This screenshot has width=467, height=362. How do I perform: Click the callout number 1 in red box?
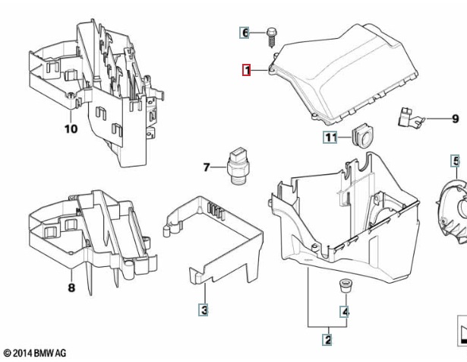click(x=246, y=71)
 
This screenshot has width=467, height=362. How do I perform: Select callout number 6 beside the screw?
click(x=245, y=33)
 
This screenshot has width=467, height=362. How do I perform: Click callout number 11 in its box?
click(x=330, y=138)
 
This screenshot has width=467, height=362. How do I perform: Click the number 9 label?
click(x=456, y=119)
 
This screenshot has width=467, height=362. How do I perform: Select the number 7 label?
click(x=206, y=167)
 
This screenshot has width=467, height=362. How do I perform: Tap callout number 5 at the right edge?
click(x=456, y=160)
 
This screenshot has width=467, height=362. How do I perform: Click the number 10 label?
click(x=70, y=129)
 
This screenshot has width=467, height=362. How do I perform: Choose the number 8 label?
click(x=71, y=288)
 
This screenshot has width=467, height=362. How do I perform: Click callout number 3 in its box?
click(x=204, y=310)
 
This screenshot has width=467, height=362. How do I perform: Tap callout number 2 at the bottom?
click(x=327, y=340)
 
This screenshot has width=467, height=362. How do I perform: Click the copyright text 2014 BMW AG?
click(x=35, y=354)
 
